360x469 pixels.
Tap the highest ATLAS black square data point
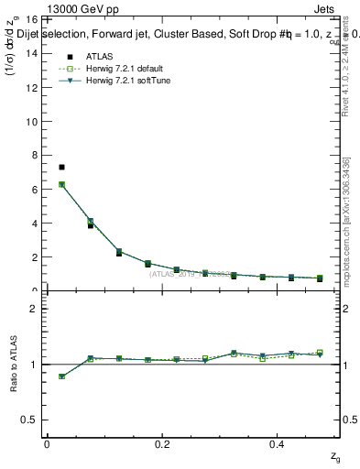(61, 168)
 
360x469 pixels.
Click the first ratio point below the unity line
(61, 376)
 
